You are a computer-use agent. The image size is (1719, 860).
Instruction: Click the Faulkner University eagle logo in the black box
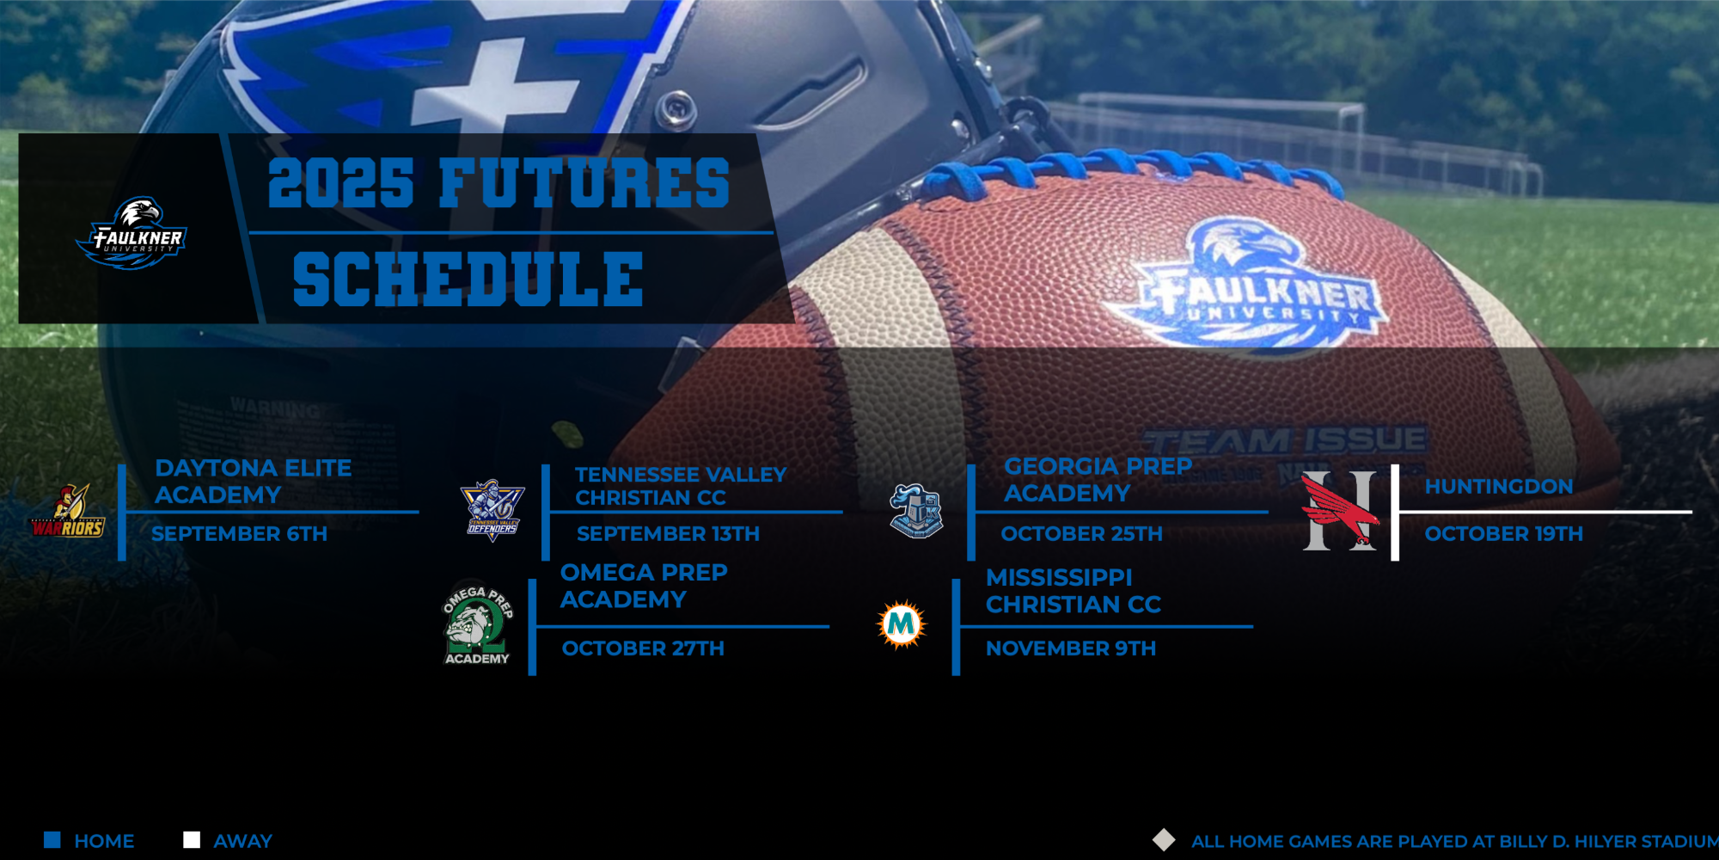(132, 232)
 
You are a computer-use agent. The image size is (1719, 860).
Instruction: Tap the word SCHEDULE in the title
(468, 279)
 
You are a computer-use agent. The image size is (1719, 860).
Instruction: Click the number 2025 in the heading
(341, 183)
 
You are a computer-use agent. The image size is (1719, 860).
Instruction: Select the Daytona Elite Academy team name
(253, 481)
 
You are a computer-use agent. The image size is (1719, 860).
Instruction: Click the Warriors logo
(69, 512)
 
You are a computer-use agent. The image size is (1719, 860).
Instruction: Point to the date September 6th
(239, 534)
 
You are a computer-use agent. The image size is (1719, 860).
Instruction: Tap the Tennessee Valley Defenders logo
(492, 510)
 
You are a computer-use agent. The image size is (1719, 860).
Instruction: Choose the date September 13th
(668, 534)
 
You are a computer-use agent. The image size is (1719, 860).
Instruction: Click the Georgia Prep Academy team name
(1098, 479)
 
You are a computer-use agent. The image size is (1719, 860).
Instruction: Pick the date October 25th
(1081, 534)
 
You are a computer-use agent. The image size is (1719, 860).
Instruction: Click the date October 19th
(1503, 534)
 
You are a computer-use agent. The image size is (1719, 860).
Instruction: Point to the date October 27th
(643, 648)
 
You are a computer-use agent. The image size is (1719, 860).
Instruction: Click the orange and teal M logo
(901, 623)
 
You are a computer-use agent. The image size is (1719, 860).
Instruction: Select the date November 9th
(1070, 648)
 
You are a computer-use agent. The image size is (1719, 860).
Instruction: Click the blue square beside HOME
(52, 840)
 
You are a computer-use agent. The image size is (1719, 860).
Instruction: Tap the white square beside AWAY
(192, 840)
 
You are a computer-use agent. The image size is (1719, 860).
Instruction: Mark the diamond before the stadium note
(1164, 840)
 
